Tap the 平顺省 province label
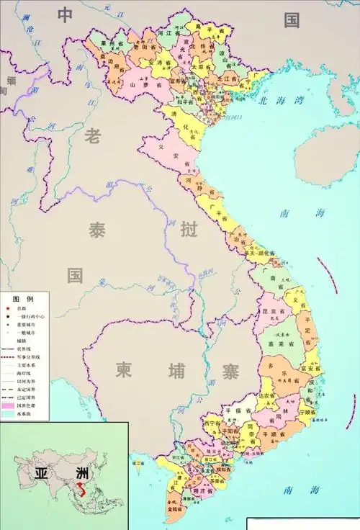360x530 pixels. (x=274, y=435)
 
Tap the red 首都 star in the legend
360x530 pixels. (x=6, y=307)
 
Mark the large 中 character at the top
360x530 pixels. (x=66, y=16)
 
